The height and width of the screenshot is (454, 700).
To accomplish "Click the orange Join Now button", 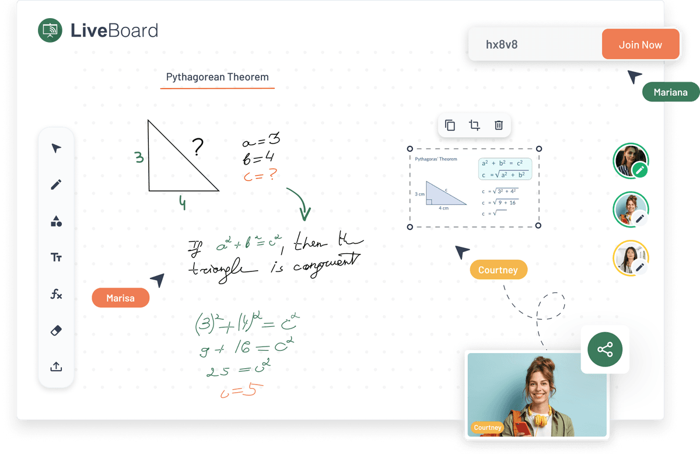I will tap(640, 45).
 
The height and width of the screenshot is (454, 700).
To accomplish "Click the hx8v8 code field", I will tap(534, 45).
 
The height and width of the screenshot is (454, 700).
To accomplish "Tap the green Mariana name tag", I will tap(670, 92).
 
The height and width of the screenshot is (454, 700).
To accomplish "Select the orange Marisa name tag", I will tap(120, 298).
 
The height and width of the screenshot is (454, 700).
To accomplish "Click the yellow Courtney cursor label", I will tap(498, 270).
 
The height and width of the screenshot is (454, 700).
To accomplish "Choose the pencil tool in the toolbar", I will tap(56, 185).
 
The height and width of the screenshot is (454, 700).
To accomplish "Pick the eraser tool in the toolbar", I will tap(56, 330).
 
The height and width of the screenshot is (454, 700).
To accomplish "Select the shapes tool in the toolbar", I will tap(56, 221).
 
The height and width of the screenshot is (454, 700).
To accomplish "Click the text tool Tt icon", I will tap(56, 257).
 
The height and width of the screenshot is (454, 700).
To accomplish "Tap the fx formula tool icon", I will tap(56, 294).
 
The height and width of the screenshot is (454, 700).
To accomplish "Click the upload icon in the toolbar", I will tap(56, 366).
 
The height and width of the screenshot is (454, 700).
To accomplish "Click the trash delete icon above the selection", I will tap(499, 125).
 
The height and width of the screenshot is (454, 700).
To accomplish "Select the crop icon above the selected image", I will tap(474, 125).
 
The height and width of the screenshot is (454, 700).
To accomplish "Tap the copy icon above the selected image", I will tap(450, 125).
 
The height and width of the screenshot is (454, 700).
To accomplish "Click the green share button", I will tap(605, 350).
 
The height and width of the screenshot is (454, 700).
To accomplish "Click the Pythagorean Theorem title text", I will tap(217, 77).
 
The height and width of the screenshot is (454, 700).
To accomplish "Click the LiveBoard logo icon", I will tap(50, 30).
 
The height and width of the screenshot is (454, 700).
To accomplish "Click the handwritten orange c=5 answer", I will tap(238, 390).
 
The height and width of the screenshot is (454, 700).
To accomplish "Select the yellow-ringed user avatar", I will tap(630, 257).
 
